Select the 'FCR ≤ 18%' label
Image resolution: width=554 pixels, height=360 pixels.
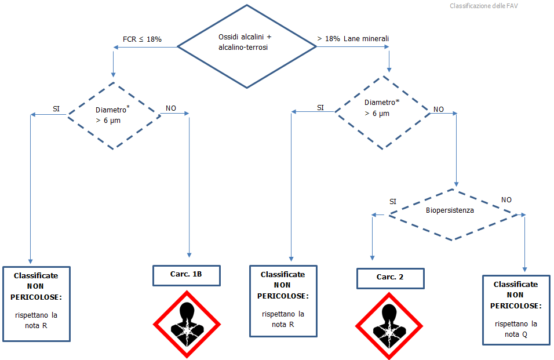coord(142,39)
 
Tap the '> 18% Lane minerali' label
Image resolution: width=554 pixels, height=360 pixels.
coord(353,39)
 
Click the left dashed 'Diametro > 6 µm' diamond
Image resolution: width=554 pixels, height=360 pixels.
coord(114,115)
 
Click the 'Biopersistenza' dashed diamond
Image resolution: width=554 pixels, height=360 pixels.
coord(450,211)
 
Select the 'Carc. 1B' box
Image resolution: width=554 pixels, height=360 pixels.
coord(187,275)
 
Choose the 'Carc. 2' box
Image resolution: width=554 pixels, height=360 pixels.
coord(390,278)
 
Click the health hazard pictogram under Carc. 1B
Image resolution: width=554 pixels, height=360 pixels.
coord(187,325)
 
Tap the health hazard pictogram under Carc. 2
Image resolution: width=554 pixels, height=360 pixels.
coord(389,327)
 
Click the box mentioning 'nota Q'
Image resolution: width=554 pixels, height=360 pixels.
coord(516,310)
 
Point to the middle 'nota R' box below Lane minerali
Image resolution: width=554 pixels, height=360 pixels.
coord(283,300)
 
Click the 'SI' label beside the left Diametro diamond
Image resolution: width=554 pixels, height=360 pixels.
coord(56,109)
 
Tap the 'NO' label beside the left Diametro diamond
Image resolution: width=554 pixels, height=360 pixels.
coord(171,108)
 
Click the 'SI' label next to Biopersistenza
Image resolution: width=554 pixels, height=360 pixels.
coord(393,201)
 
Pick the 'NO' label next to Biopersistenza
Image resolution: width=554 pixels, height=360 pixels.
coord(506,199)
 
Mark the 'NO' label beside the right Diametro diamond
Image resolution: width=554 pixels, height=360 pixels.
coord(439,109)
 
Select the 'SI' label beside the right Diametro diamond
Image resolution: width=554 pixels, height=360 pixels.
coord(320,108)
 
